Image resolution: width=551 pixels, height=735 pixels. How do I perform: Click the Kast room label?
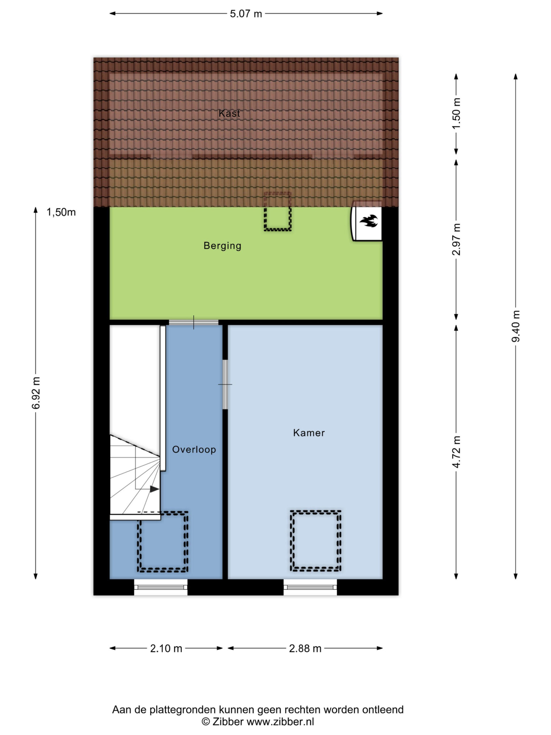pos(229,113)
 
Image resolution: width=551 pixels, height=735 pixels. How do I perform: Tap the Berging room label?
pos(222,246)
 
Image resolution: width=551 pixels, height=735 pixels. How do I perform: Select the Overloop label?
pos(194,450)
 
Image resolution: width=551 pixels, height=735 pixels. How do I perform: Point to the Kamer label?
pos(309,433)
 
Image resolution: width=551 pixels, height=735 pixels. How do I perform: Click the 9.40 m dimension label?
pos(515,326)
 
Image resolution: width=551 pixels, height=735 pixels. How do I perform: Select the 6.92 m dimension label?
pos(36,393)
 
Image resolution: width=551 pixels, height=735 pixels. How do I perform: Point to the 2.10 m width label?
pos(166,648)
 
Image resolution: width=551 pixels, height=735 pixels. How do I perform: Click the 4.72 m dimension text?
pos(456,452)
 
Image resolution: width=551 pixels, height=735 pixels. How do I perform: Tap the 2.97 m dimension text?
pos(456,239)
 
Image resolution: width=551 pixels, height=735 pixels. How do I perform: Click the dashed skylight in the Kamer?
pos(315,541)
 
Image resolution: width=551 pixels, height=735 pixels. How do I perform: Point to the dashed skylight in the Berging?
pos(278,211)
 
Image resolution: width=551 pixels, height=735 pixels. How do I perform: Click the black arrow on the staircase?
pos(154,489)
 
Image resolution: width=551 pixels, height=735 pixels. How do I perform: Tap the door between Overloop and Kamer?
pos(225,384)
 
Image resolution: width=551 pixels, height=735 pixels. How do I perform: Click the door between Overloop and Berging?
pos(194,322)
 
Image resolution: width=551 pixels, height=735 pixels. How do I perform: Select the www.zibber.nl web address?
pos(281,722)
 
